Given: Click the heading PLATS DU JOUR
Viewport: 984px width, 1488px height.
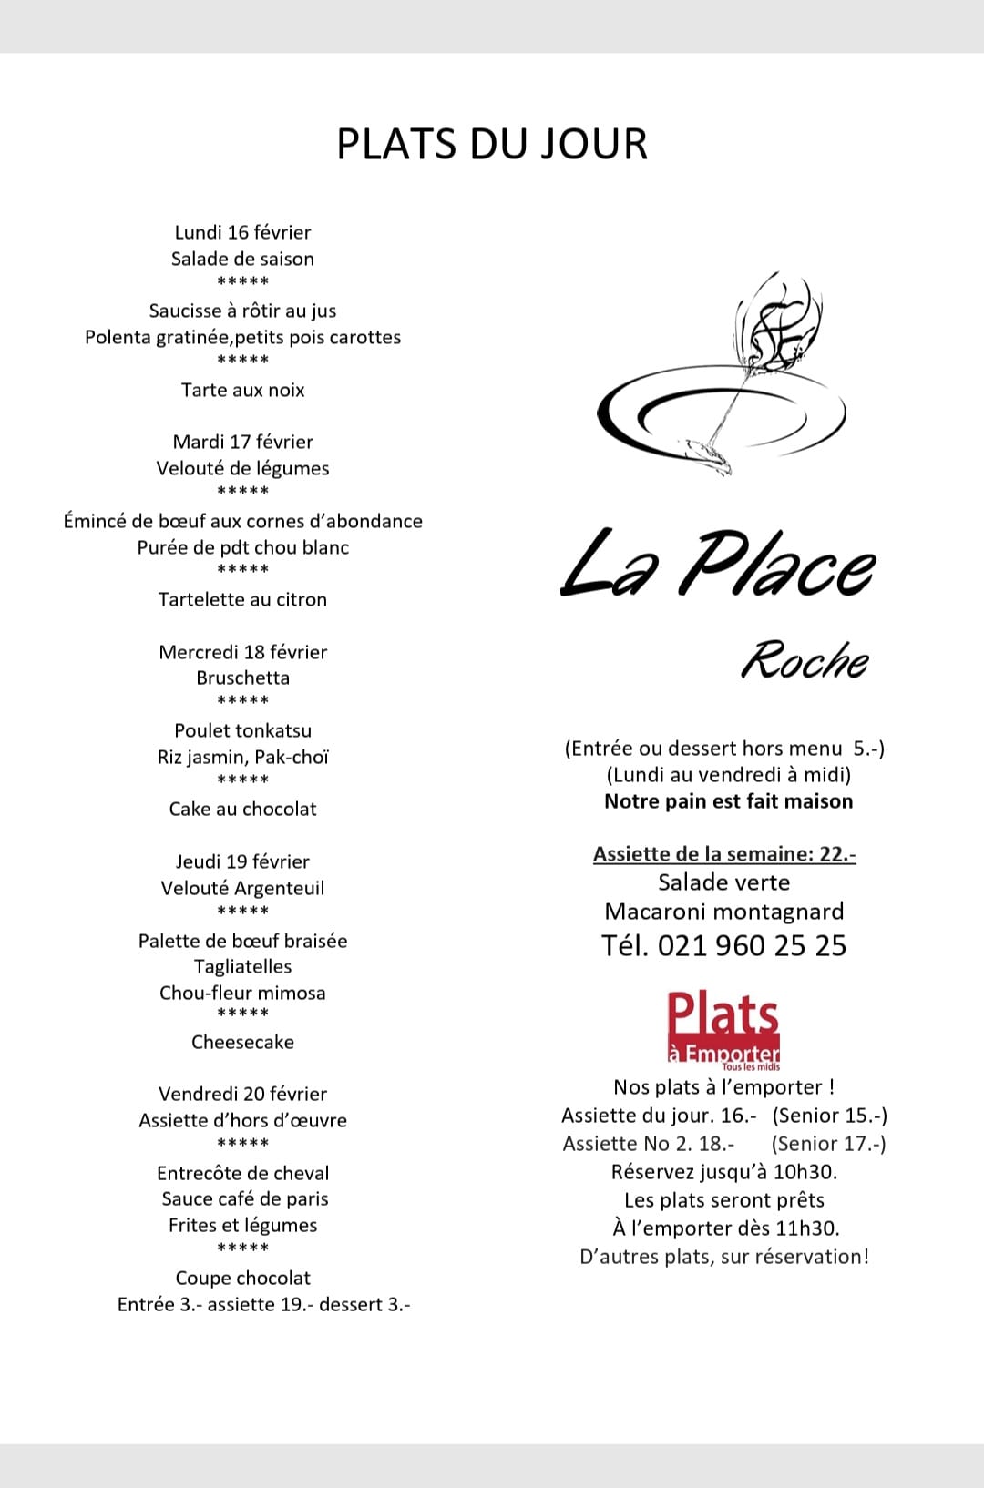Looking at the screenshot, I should point(492,144).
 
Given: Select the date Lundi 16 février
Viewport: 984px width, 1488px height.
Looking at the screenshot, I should point(242,232).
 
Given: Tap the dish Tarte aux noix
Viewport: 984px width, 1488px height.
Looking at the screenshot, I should point(242,390).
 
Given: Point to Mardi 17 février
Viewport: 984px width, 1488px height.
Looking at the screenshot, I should point(242,442).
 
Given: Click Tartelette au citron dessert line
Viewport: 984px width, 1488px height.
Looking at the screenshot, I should point(242,599).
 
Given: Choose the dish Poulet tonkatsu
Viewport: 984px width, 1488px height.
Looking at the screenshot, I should point(242,730).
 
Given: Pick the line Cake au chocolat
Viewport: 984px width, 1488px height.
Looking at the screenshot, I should point(242,809).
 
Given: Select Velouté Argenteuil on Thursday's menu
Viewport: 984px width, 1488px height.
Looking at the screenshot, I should point(242,888).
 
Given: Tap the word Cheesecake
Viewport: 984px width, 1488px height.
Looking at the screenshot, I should point(242,1042).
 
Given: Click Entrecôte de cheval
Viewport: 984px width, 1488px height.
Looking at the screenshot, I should point(242,1173).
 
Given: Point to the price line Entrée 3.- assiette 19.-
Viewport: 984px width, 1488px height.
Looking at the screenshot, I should point(263,1304).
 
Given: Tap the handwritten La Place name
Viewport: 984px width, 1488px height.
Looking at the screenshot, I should point(717,565).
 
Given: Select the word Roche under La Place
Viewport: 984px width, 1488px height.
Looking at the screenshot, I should point(804,660).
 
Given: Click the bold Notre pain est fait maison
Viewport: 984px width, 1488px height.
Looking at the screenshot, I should point(728,801).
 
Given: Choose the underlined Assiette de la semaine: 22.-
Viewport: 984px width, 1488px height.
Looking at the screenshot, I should point(724,854).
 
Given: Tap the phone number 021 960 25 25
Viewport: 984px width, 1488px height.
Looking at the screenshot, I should point(752,945).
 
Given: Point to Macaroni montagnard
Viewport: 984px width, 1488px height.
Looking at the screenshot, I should point(724,912).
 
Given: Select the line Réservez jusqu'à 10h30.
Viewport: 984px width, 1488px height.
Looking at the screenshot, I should point(724,1171).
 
